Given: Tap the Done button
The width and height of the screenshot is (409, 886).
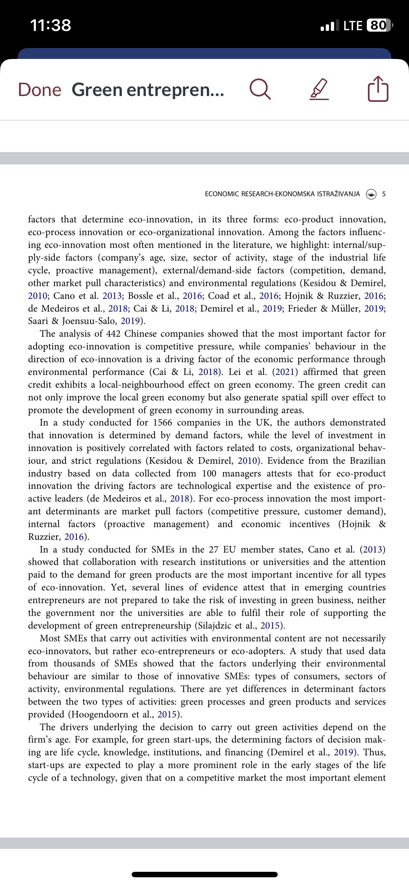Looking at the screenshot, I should [40, 90].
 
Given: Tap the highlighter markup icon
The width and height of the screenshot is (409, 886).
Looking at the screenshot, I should [319, 90].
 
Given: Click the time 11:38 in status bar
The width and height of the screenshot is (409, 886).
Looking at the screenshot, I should [51, 25].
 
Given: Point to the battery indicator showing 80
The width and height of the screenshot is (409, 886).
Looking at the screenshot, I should [378, 25].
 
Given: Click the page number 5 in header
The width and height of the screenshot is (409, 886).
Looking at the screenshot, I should [384, 194].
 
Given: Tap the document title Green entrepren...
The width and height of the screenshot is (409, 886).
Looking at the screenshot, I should [148, 90].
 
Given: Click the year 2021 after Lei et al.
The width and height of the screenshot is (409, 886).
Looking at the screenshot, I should [288, 372].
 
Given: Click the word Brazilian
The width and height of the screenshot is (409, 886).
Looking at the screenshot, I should [367, 461].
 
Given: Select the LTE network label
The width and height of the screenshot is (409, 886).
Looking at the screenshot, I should [353, 25].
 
